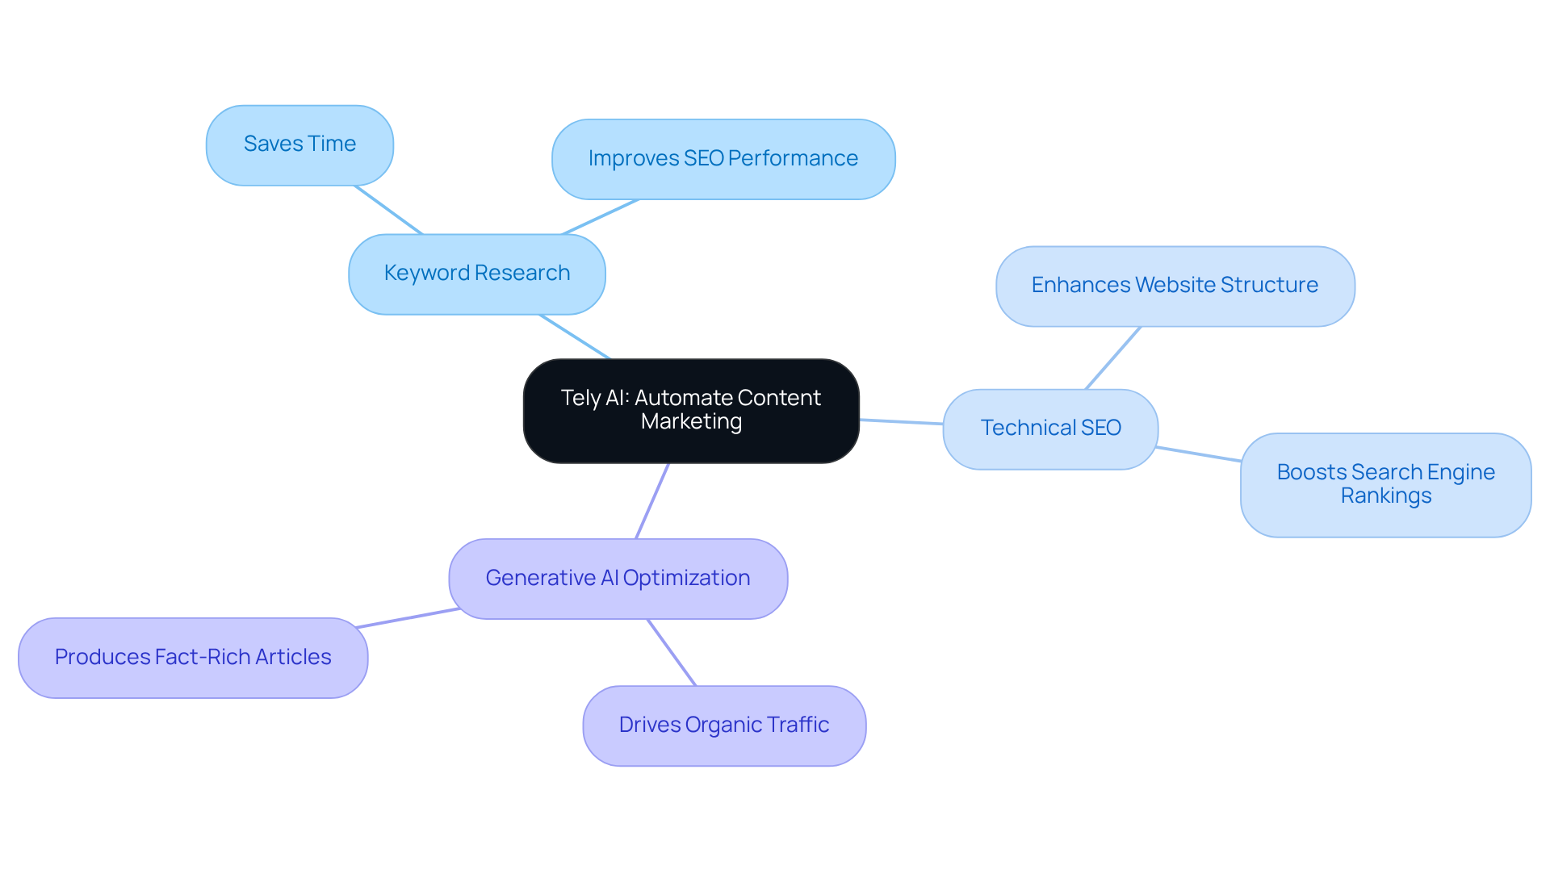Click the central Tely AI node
[x=691, y=411]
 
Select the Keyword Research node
[x=476, y=274]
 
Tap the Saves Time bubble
[x=300, y=144]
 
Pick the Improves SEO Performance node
[x=723, y=159]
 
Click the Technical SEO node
[x=1050, y=429]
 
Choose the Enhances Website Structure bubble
[x=1175, y=286]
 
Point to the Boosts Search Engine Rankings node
[x=1385, y=484]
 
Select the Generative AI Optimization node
[x=618, y=579]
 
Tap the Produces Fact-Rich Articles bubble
[x=193, y=658]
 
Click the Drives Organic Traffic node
[x=724, y=726]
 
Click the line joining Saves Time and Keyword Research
[x=388, y=210]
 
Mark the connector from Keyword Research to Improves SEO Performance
[x=601, y=217]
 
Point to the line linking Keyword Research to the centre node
[x=575, y=337]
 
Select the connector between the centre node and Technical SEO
[x=901, y=421]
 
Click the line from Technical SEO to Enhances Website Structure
[x=1113, y=358]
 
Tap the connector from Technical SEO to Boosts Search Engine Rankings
[x=1199, y=454]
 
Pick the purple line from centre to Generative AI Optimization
[x=652, y=501]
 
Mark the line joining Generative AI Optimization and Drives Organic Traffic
[x=672, y=653]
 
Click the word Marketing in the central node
[x=691, y=422]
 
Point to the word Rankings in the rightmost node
[x=1385, y=496]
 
